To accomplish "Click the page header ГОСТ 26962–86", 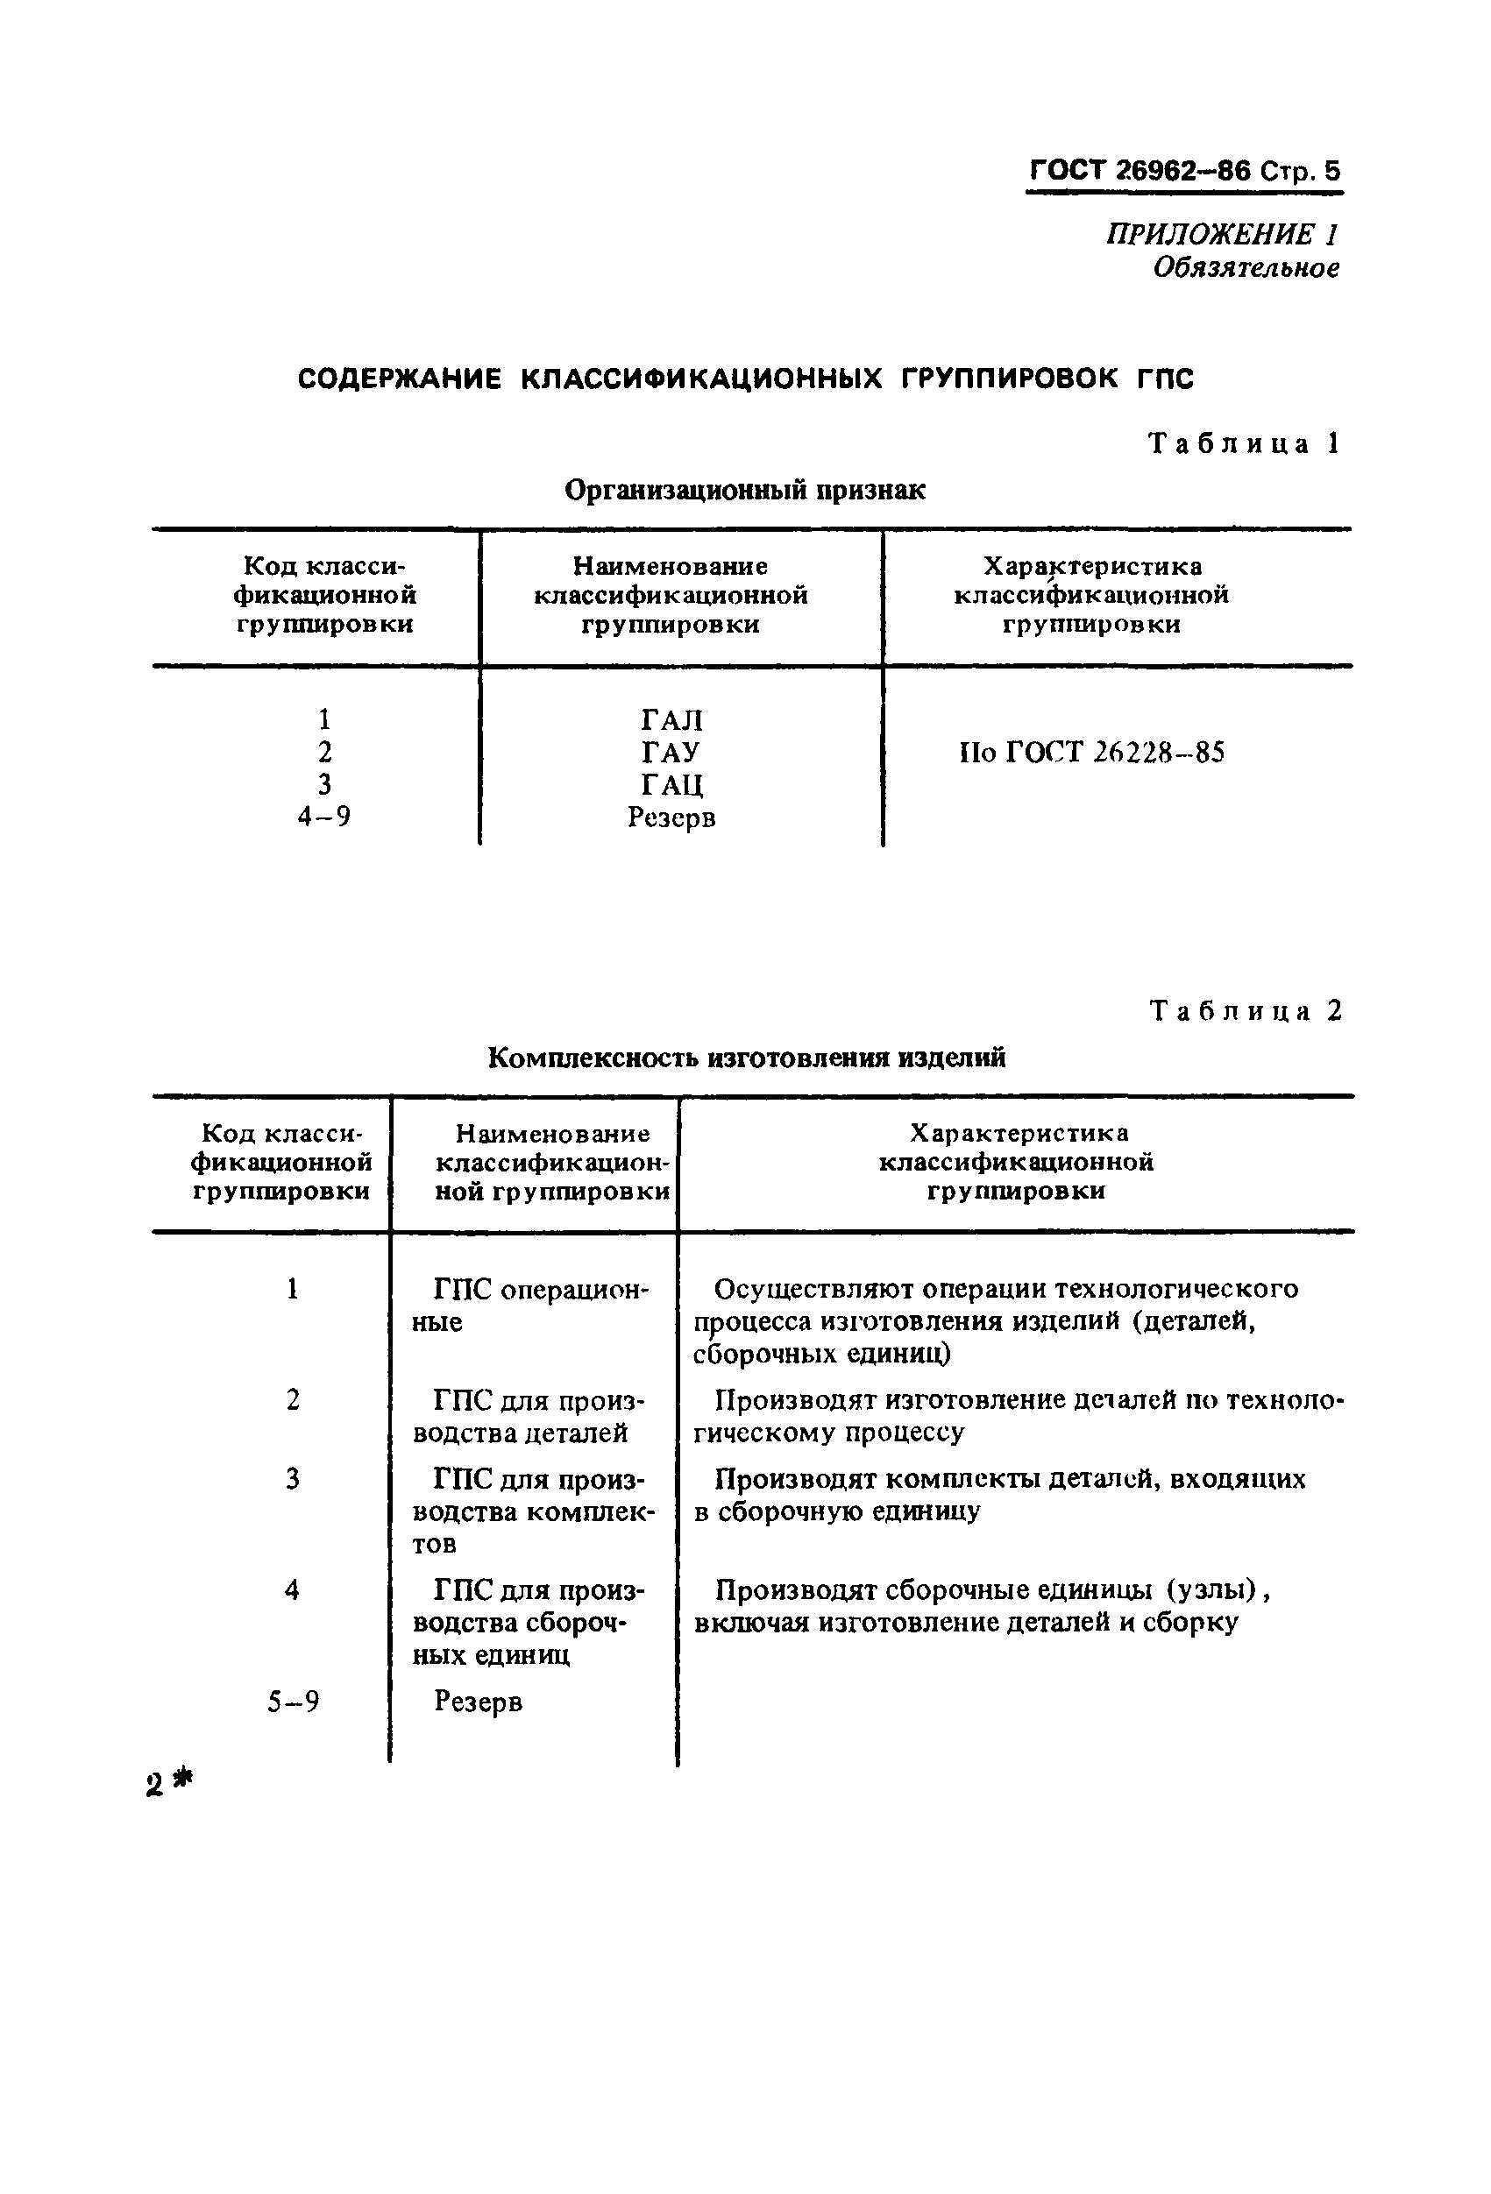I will (1139, 171).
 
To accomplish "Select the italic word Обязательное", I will (1246, 268).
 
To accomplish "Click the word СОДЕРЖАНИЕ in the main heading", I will (399, 379).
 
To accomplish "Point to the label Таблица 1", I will (1244, 443).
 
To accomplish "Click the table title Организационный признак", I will (744, 490).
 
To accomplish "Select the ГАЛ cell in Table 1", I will (671, 720).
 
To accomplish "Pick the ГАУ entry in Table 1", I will (671, 753).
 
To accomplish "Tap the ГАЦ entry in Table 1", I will (671, 784).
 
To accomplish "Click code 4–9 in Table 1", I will (324, 817).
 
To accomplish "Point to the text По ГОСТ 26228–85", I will (1091, 753).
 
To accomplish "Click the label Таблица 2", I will (1246, 1011).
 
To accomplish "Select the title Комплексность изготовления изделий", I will (746, 1058).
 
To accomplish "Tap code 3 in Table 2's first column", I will (293, 1479).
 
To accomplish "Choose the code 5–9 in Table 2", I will (293, 1702).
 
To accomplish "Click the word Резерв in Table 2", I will (478, 1702).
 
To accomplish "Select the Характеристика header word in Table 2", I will (1018, 1133).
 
